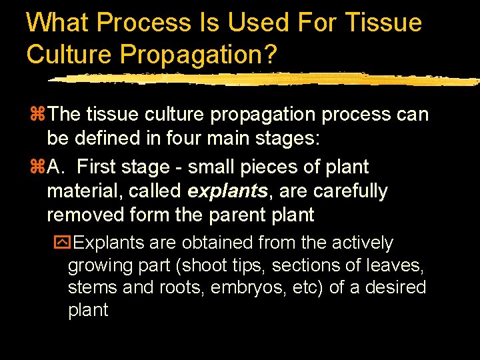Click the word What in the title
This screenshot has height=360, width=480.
click(x=57, y=23)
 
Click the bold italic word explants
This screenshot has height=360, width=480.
click(x=228, y=191)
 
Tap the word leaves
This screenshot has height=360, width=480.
click(x=401, y=265)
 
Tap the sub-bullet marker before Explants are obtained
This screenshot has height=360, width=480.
click(x=61, y=243)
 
